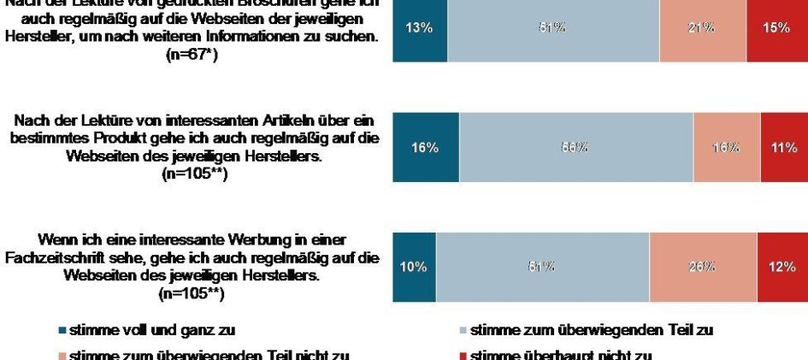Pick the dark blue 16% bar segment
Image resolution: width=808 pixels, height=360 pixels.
tap(426, 148)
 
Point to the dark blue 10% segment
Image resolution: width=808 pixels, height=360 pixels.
tap(414, 267)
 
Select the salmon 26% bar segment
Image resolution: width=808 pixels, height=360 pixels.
tap(703, 267)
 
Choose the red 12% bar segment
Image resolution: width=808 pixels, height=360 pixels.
tap(781, 267)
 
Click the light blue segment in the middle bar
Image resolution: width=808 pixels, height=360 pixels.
tap(575, 148)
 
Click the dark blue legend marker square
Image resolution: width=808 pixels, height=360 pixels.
tap(62, 330)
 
